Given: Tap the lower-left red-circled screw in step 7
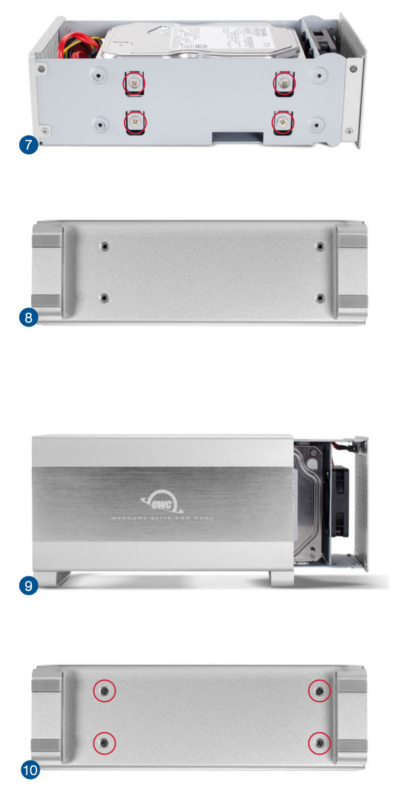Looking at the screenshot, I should (135, 121).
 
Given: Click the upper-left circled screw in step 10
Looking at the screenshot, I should (105, 691).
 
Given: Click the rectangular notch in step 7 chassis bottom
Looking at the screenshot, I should (237, 136).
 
